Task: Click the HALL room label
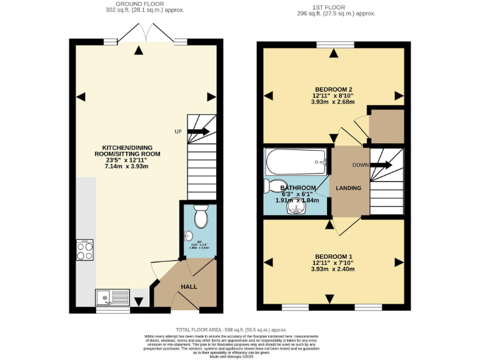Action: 189,286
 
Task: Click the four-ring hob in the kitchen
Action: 86,251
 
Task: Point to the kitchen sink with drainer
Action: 112,296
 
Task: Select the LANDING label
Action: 348,187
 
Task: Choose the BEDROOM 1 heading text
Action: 333,256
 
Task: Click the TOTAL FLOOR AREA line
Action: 231,329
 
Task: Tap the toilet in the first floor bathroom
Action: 269,186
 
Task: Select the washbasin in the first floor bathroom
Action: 295,208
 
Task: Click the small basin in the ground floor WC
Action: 188,236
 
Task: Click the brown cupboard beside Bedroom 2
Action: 386,126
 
